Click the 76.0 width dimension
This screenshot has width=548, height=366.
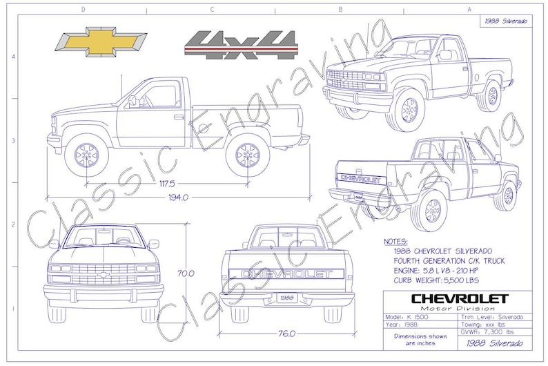287,333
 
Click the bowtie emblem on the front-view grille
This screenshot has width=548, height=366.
104,275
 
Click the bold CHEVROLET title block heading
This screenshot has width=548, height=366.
458,298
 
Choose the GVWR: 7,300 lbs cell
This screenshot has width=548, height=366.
492,331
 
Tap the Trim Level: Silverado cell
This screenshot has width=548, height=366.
493,316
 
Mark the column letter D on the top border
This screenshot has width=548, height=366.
83,10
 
